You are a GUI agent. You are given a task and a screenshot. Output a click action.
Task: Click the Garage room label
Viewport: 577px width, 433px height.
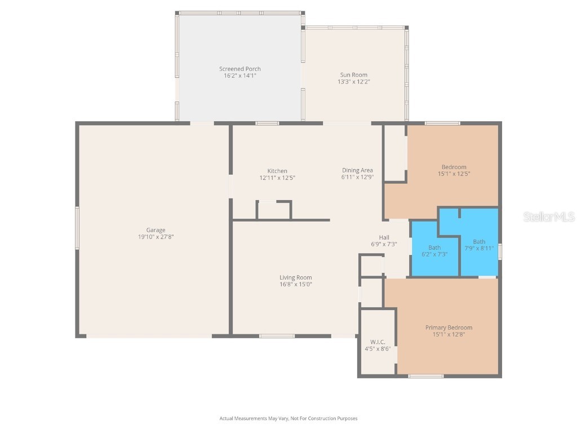[x=156, y=230]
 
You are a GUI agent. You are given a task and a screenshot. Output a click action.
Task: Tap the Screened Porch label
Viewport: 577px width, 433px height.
[x=240, y=69]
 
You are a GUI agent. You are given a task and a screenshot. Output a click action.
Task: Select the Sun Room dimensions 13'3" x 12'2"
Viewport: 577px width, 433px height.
[x=353, y=82]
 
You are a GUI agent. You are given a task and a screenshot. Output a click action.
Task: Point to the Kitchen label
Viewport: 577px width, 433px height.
[x=277, y=171]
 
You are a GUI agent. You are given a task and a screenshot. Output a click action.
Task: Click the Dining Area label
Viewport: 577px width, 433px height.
[x=357, y=170]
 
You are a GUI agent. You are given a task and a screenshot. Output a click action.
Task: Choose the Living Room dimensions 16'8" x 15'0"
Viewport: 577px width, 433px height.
[x=296, y=285]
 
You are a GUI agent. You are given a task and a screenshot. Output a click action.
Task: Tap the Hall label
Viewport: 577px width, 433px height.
[x=384, y=237]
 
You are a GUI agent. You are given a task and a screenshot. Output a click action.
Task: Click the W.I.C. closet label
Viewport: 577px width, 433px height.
[x=377, y=342]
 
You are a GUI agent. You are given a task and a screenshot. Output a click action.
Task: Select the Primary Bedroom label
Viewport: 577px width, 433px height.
[x=449, y=328]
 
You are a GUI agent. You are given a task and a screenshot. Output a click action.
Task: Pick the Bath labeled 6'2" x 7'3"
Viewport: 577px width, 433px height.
[x=434, y=251]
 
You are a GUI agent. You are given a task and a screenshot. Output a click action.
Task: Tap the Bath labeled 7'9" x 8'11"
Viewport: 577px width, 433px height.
[x=479, y=245]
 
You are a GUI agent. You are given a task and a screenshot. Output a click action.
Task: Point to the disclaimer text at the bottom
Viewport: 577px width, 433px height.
[x=288, y=418]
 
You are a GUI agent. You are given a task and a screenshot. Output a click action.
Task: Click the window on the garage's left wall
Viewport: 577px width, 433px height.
[x=77, y=228]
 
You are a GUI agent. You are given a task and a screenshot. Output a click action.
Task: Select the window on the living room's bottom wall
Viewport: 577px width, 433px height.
[x=277, y=336]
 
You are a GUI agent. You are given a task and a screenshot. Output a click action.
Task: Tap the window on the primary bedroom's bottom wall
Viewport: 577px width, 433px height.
[x=425, y=375]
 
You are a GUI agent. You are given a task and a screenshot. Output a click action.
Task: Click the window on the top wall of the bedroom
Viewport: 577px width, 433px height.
[x=442, y=123]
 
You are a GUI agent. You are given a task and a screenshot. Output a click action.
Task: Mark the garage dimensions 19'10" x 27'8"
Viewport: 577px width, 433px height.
[x=156, y=237]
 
